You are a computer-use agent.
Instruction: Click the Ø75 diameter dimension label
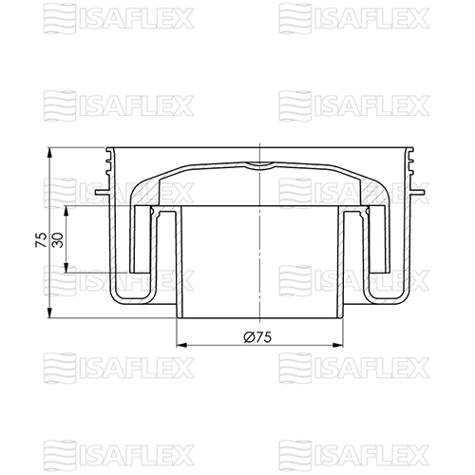[257, 337]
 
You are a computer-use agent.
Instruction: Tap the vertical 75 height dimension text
[42, 240]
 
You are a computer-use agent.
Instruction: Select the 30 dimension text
[58, 240]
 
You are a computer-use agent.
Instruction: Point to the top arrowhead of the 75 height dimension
[49, 153]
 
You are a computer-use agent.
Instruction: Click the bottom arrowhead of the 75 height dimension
[49, 313]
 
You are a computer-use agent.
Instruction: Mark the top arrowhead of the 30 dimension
[66, 212]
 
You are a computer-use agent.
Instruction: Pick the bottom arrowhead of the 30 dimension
[66, 267]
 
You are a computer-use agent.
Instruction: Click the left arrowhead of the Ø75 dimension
[182, 345]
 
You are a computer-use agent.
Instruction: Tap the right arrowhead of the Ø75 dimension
[337, 345]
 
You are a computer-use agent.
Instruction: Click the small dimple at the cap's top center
[259, 165]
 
